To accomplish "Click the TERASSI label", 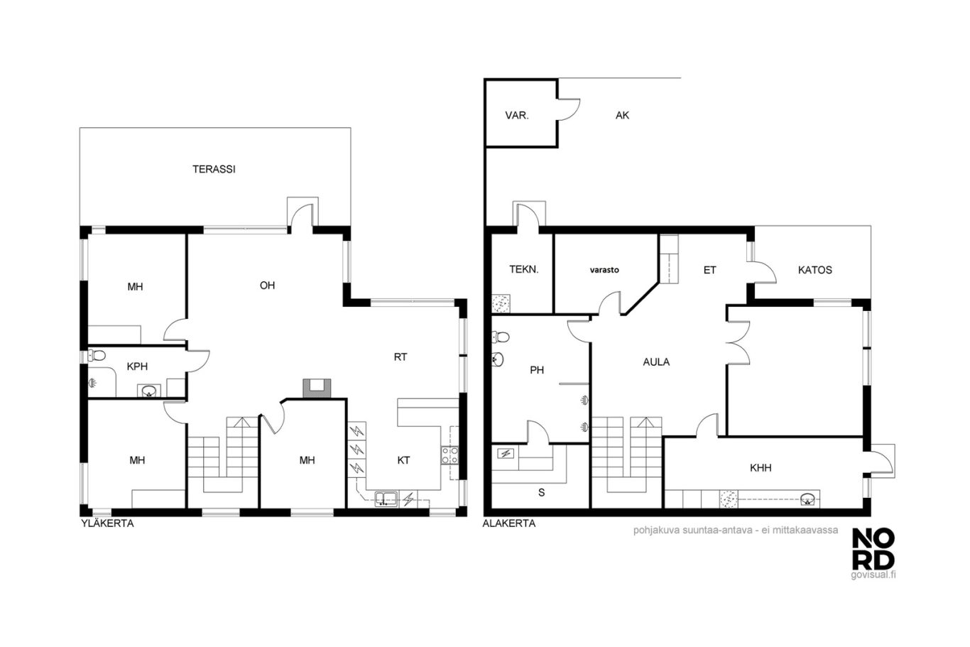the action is point(214,169).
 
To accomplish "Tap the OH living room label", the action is point(267,286).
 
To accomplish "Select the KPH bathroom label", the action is point(137,366).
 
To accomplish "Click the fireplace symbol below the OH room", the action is point(317,388).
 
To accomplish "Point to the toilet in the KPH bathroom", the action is point(97,356).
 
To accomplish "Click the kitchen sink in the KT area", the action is point(386,499).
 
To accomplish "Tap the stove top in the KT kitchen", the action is point(450,455).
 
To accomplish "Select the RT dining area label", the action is point(400,357).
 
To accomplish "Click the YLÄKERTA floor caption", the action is point(107,523).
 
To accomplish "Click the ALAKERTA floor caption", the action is point(509,523).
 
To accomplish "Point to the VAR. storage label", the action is point(517,116).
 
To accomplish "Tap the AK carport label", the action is point(622,115).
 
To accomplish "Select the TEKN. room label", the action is point(524,269).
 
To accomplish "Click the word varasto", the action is point(604,270).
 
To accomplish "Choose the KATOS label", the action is point(815,270).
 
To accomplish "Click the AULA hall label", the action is point(656,362).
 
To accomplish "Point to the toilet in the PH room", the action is point(501,337).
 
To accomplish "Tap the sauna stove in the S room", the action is point(506,454).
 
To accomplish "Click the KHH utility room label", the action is point(761,468).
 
